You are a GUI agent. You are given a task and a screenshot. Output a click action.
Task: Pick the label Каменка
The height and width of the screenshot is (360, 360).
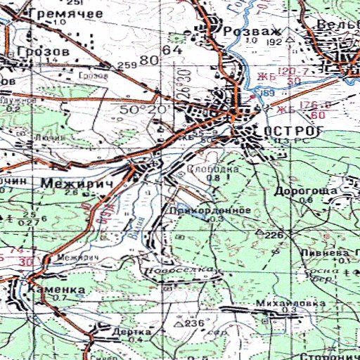click(x=57, y=290)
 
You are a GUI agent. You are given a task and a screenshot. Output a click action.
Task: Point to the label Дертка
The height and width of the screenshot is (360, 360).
click(x=136, y=332)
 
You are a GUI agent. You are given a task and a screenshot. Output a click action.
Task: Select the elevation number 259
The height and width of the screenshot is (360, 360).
click(x=127, y=65)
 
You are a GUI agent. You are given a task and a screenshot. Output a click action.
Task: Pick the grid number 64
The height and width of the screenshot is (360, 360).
click(x=172, y=51)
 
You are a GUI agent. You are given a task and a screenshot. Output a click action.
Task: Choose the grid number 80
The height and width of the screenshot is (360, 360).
click(x=149, y=60)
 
